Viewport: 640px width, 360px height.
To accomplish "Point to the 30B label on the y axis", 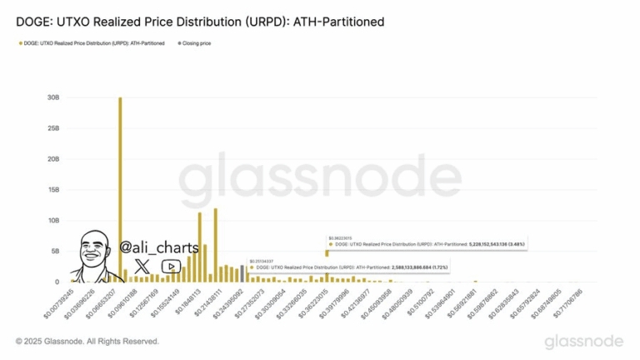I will tap(53, 97).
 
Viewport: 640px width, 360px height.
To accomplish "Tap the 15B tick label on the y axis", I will tap(53, 190).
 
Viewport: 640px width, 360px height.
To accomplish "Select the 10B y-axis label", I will tap(53, 221).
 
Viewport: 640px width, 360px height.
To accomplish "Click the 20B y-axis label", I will tap(53, 159).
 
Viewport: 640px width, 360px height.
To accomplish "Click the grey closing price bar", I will tap(242, 274).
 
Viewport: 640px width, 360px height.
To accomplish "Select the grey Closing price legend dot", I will tap(174, 42).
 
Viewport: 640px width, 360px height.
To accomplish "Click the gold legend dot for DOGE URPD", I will tap(19, 42).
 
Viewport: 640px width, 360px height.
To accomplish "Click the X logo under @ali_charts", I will tap(142, 266).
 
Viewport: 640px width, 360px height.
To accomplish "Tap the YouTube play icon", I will tap(170, 267).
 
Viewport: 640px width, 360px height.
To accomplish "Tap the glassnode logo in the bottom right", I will tap(582, 342).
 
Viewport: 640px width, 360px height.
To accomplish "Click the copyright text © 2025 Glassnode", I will tap(87, 342).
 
